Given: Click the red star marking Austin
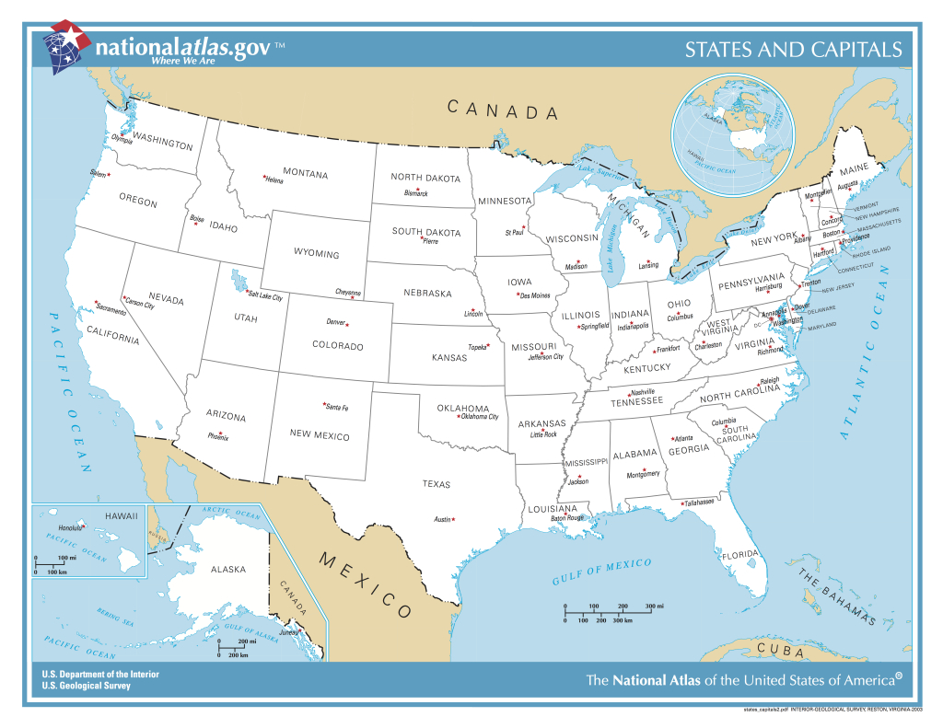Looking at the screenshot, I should pyautogui.click(x=453, y=519).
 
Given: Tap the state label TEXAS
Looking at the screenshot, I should pyautogui.click(x=437, y=484).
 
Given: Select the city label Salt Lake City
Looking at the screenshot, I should pyautogui.click(x=265, y=297).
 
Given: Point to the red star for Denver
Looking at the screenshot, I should pyautogui.click(x=347, y=324).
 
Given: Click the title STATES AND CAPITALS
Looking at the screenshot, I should pyautogui.click(x=793, y=50).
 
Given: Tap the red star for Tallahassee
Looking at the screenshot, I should pyautogui.click(x=681, y=503).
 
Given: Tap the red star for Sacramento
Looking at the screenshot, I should pyautogui.click(x=97, y=302).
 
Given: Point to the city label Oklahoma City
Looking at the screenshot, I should pyautogui.click(x=479, y=417).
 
